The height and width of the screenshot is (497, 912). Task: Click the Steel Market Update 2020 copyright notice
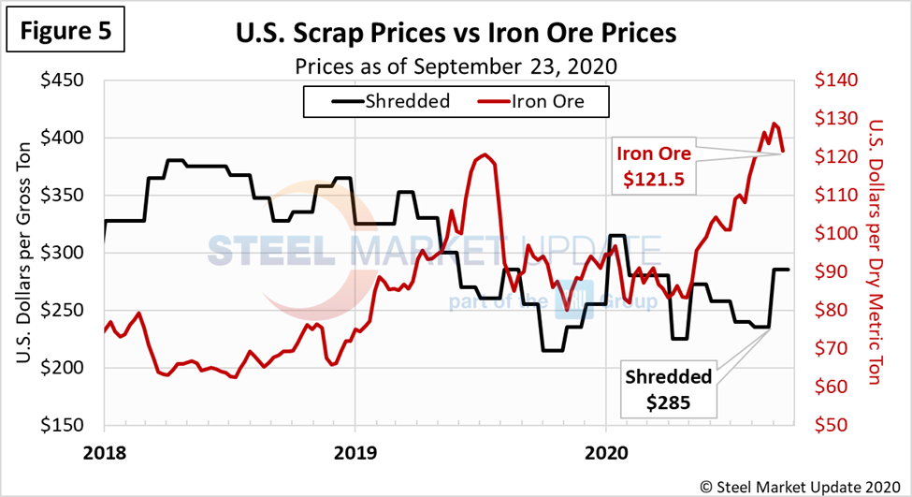coord(803,482)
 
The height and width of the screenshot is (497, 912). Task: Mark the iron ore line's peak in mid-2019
coord(483,155)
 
